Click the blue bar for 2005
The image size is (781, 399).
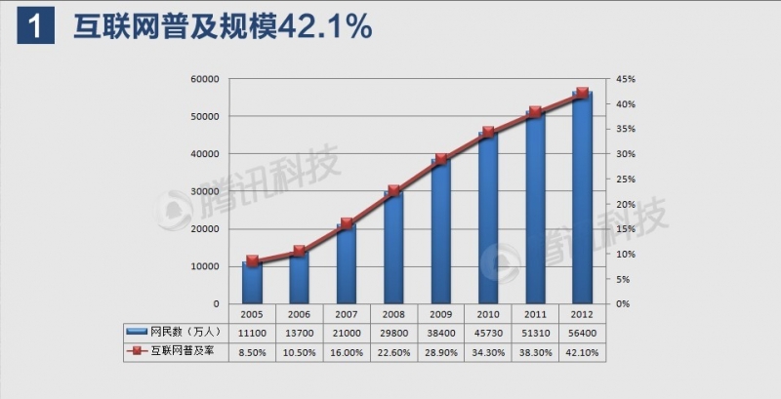point(252,282)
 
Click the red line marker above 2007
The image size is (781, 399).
point(347,223)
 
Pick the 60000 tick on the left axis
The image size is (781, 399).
point(204,79)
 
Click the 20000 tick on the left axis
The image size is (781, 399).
point(204,229)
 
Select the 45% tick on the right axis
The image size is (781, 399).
point(626,79)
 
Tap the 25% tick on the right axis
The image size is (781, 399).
point(626,180)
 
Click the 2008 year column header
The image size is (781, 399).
point(393,314)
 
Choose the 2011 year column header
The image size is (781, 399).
point(535,314)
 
